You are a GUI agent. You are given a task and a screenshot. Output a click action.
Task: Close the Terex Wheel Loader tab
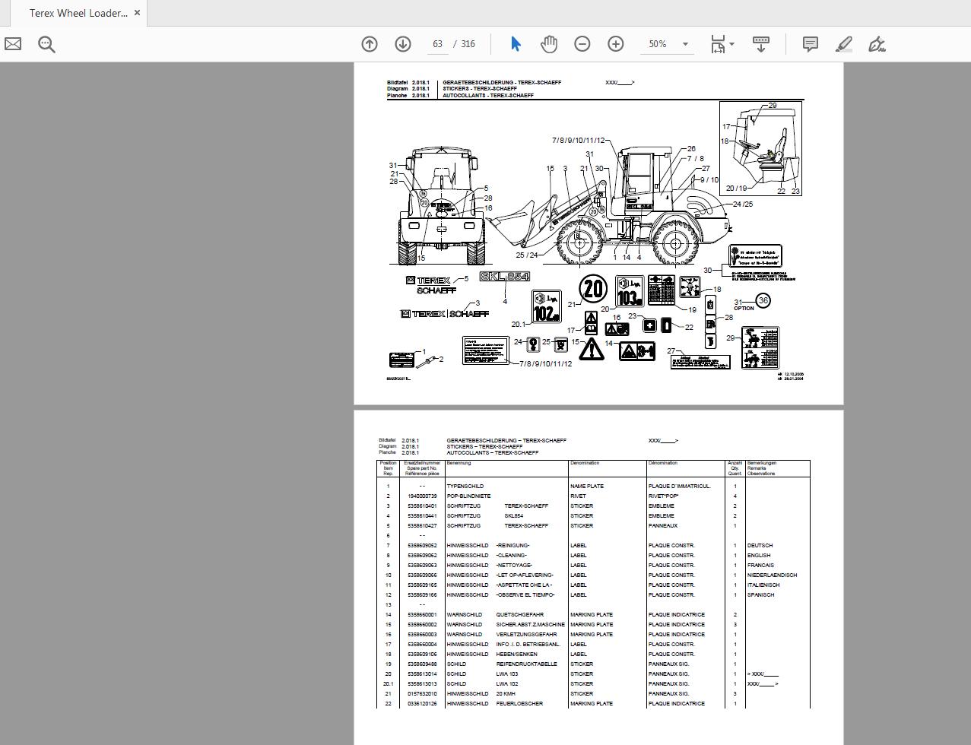point(137,13)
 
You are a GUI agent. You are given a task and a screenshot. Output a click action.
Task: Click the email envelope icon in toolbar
point(13,44)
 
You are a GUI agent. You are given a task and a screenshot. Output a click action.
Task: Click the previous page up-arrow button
point(370,44)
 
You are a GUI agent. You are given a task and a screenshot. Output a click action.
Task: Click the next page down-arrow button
point(403,44)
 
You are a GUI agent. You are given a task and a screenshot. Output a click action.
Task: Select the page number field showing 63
point(438,44)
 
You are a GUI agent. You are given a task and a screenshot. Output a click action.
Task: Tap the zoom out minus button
point(582,44)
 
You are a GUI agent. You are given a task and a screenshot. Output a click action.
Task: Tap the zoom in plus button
point(615,44)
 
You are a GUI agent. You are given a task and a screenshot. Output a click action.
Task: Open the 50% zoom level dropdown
point(684,44)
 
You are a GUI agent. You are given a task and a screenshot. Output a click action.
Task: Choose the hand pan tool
point(548,44)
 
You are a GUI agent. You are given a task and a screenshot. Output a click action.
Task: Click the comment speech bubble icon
point(811,44)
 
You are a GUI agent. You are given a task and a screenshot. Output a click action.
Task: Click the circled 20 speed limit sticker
point(592,289)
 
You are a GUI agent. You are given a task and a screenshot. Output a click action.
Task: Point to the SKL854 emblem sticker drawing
point(504,277)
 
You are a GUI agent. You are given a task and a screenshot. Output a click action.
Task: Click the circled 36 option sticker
point(763,300)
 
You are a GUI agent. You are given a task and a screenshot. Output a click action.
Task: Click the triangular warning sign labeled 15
point(592,349)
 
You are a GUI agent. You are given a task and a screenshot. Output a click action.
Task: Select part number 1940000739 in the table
point(422,496)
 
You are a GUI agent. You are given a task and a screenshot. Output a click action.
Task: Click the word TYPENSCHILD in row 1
point(465,486)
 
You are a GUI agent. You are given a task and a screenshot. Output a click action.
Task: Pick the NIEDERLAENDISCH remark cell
point(772,575)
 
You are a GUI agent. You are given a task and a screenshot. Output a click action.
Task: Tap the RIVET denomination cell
point(578,496)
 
